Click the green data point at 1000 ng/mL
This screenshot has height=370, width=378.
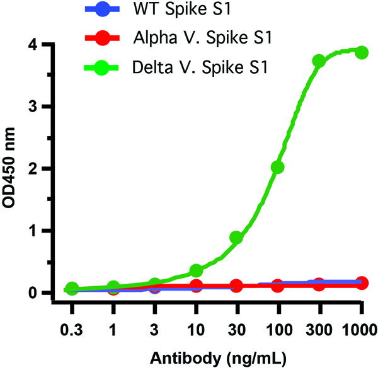[x=362, y=52]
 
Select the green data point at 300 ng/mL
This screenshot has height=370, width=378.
[x=319, y=61]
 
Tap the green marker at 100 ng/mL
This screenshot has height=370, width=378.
[x=277, y=167]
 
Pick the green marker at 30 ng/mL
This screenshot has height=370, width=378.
[x=236, y=238]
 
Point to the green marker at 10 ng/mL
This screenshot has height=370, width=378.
[x=195, y=271]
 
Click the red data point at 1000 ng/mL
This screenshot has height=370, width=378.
[x=362, y=283]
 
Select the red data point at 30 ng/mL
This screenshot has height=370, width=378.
[x=236, y=286]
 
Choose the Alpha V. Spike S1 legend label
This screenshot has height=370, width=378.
[x=202, y=38]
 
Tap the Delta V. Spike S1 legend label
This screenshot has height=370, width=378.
[x=201, y=67]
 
